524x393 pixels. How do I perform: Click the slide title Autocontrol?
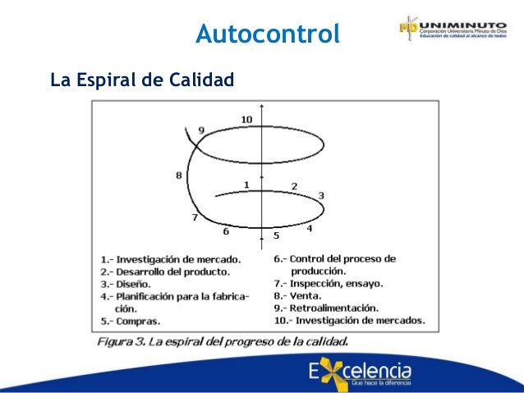coord(268,34)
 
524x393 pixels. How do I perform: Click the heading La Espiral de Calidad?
coord(142,80)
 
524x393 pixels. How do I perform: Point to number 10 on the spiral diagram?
coord(246,120)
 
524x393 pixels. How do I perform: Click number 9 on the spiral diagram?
coord(201,130)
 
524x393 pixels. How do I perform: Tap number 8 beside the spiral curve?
coord(178,174)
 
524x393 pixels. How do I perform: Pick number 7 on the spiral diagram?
coord(195,217)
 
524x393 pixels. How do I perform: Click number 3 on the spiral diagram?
coord(321,195)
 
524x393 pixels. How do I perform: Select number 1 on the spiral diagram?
coord(246,185)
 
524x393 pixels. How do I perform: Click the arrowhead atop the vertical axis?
coord(261,107)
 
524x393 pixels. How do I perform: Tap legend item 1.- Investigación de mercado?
coord(170,258)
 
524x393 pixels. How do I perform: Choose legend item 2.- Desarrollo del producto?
coord(171,272)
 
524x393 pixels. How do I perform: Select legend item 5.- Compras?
coord(131,321)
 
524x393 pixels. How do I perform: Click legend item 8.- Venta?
coord(299,295)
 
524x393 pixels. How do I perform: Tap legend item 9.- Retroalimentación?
coord(327,308)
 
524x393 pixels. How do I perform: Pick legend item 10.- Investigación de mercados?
coord(350,320)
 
